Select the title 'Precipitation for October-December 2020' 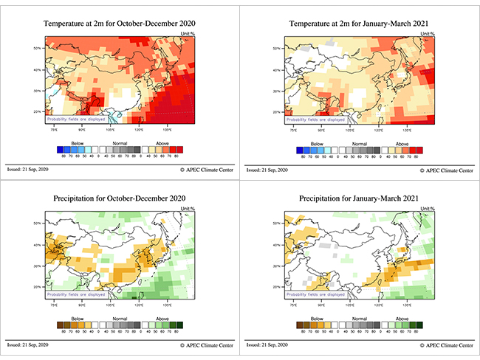click(120, 198)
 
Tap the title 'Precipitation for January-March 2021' click(360, 198)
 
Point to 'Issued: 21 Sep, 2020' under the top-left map click(29, 170)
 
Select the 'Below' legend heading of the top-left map click(77, 144)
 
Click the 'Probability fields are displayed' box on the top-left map click(76, 119)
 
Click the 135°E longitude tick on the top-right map click(407, 130)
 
